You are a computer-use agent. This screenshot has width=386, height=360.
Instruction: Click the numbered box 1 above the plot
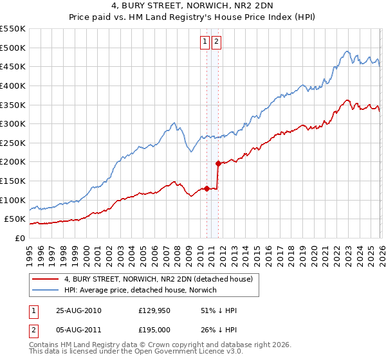(205, 42)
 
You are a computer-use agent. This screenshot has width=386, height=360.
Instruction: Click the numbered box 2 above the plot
(216, 42)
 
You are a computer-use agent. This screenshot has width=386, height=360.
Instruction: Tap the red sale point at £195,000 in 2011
(218, 163)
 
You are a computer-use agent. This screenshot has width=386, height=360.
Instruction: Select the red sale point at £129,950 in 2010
(207, 188)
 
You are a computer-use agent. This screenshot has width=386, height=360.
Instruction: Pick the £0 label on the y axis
(19, 238)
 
